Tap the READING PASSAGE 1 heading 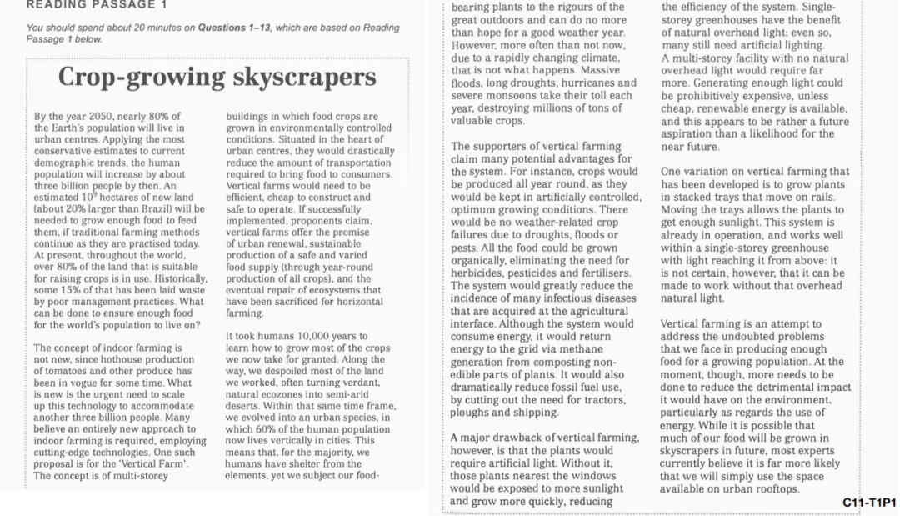coord(91,4)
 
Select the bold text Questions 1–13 coord(231,28)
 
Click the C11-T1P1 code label coord(869,503)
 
